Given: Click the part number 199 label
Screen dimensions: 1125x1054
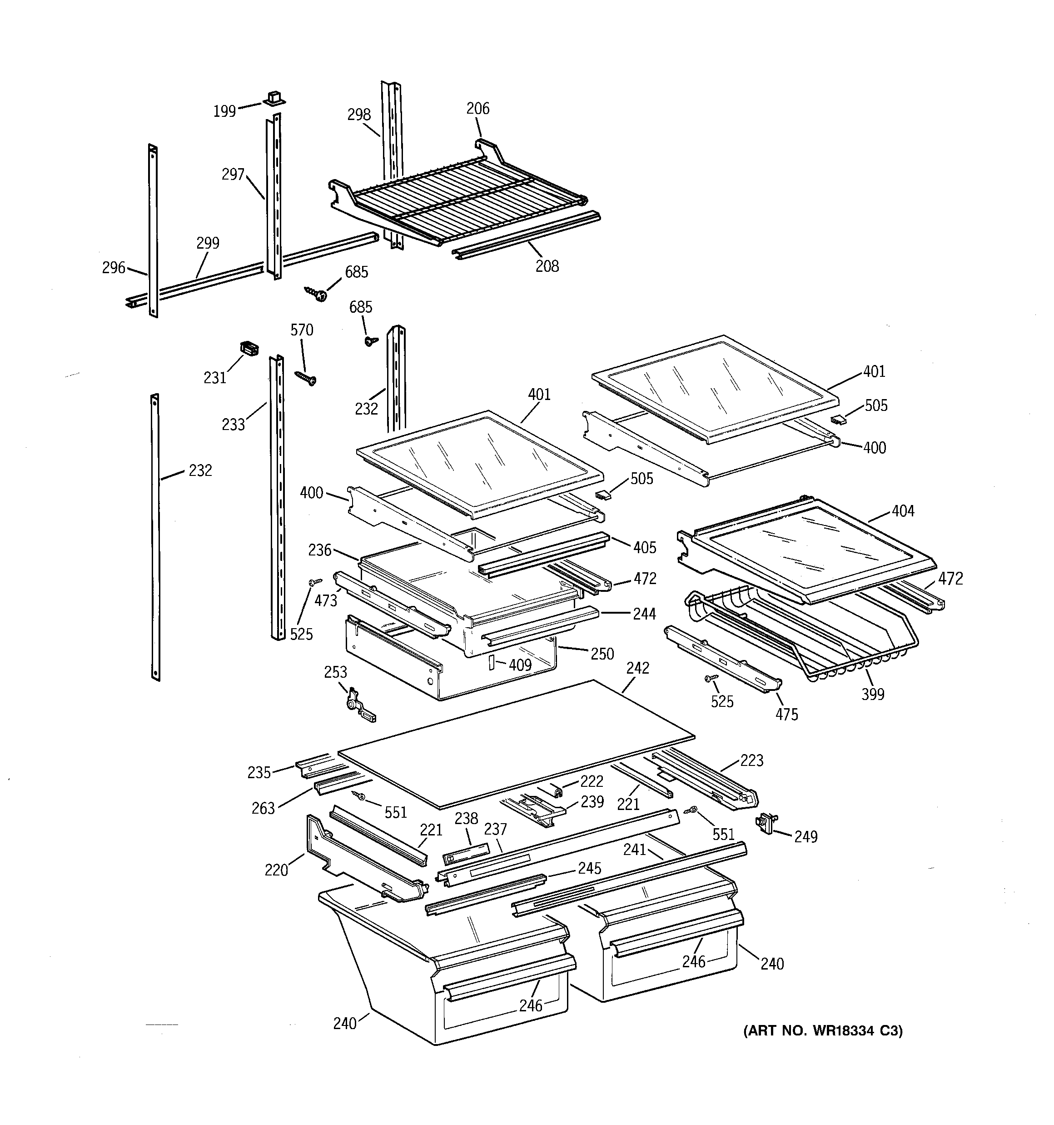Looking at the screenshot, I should (x=224, y=111).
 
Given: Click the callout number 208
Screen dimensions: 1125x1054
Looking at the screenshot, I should (x=547, y=266).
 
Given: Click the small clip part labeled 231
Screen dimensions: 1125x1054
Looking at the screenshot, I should (x=249, y=348).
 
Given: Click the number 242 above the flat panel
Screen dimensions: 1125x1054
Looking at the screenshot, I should (x=637, y=668).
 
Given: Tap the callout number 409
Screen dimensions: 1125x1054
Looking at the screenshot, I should (x=520, y=665).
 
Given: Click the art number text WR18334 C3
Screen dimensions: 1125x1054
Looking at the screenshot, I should (x=823, y=1031).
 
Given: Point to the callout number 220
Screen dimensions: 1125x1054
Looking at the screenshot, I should (x=276, y=870).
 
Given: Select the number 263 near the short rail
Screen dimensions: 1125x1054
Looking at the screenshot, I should (x=263, y=808).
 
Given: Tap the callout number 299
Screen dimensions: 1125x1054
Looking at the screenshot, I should (x=208, y=243).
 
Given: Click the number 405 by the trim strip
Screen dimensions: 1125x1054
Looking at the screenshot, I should (x=644, y=547).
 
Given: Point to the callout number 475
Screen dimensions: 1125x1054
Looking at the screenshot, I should (x=786, y=714).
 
